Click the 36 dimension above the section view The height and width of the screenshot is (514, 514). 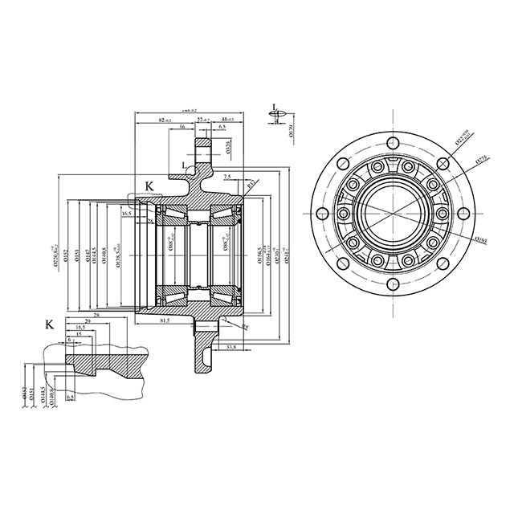point(182,128)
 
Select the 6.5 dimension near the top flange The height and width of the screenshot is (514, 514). point(221,128)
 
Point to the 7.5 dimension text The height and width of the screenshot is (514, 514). point(228,176)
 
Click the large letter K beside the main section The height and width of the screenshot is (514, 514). point(149,186)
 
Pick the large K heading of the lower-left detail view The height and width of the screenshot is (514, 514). point(50,324)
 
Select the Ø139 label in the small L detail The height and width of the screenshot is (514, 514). point(291,130)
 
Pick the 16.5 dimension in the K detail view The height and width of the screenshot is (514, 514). point(80,328)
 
